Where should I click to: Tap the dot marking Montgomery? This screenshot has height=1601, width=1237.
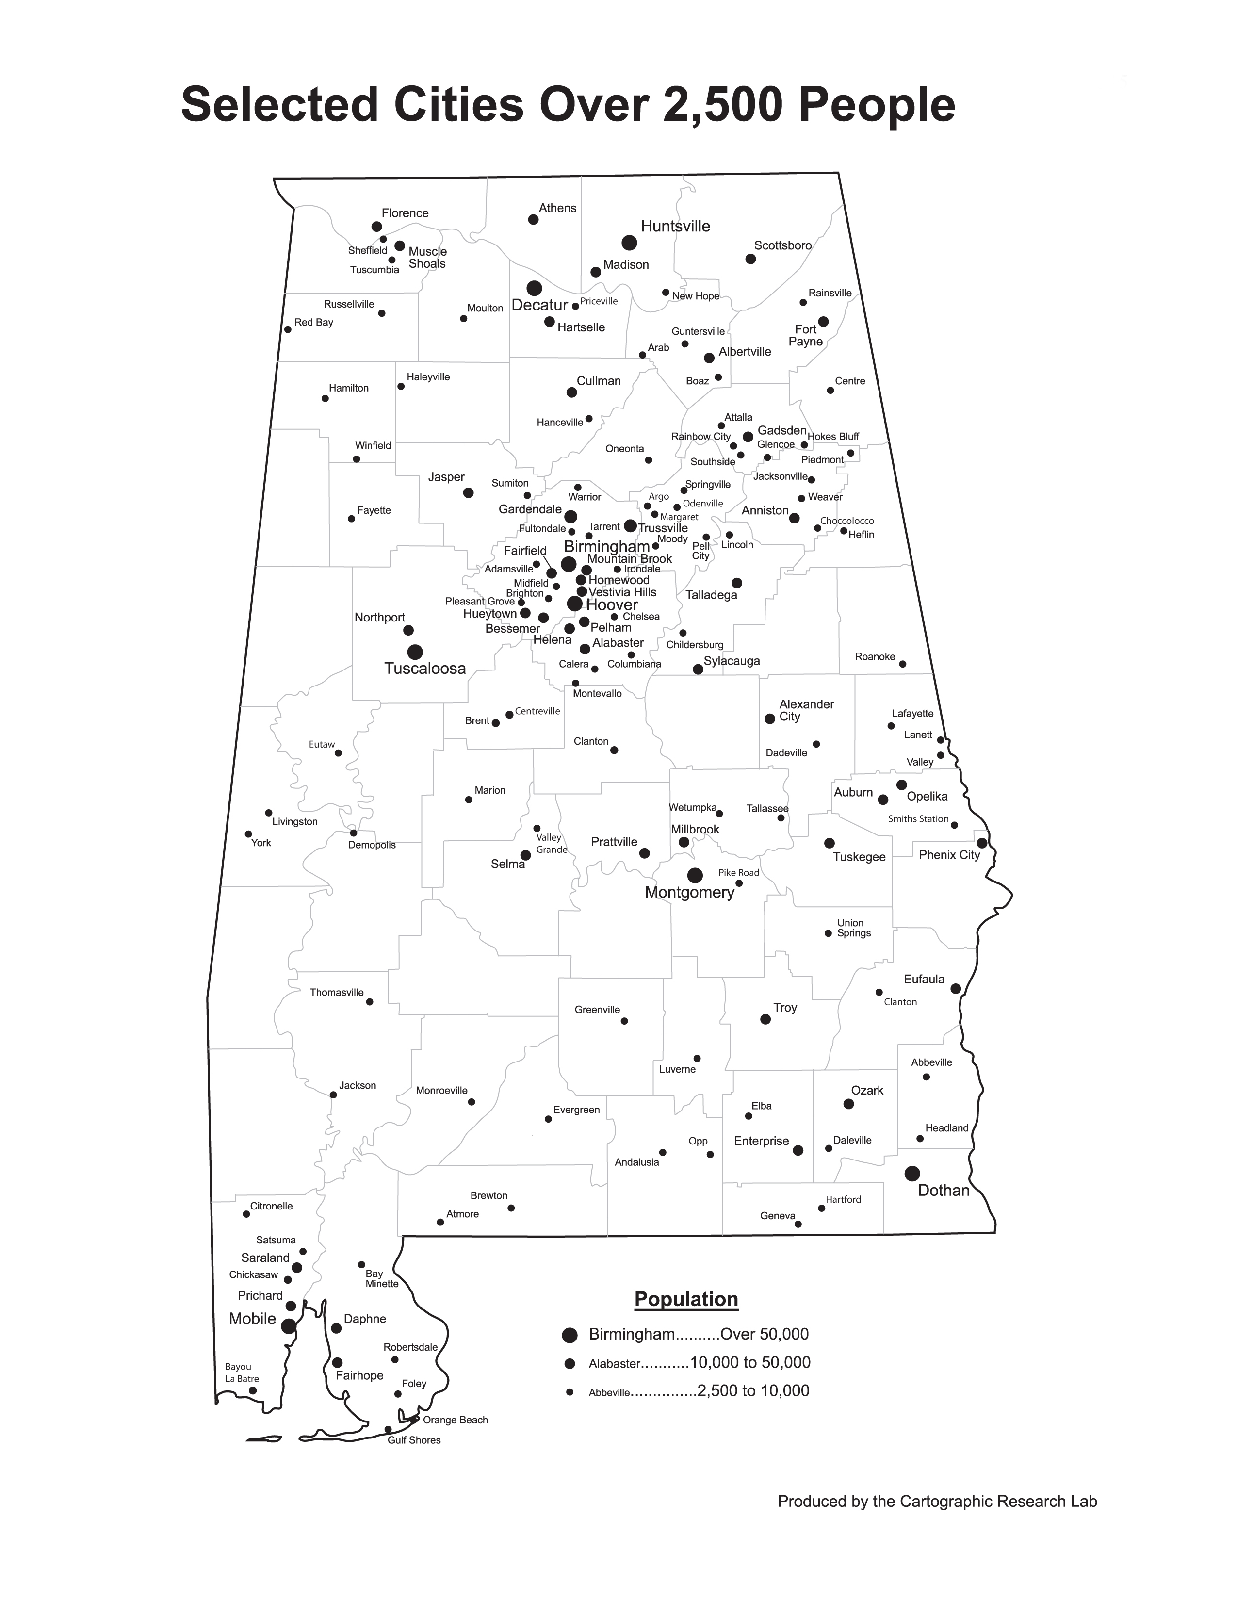[695, 875]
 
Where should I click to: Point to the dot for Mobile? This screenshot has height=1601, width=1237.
[289, 1326]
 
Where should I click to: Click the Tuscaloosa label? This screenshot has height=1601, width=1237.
[425, 669]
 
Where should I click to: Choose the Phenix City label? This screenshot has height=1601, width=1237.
[949, 855]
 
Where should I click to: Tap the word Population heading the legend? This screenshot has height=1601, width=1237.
[686, 1299]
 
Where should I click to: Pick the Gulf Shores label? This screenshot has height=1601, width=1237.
[414, 1440]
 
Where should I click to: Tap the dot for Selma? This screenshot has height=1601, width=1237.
[525, 855]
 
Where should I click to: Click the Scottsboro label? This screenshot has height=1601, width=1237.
[782, 245]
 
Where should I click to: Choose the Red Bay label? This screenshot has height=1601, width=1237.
[314, 323]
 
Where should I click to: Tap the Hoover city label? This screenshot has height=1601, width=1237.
[612, 605]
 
